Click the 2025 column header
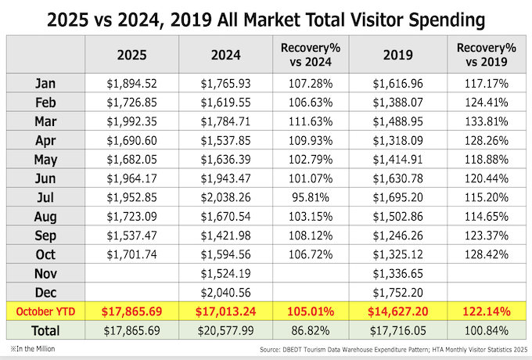131,56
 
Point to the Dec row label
45,291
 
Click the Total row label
45,331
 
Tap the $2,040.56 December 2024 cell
226,291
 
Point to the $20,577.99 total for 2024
226,331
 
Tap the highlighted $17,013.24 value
226,311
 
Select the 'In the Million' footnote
34,347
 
